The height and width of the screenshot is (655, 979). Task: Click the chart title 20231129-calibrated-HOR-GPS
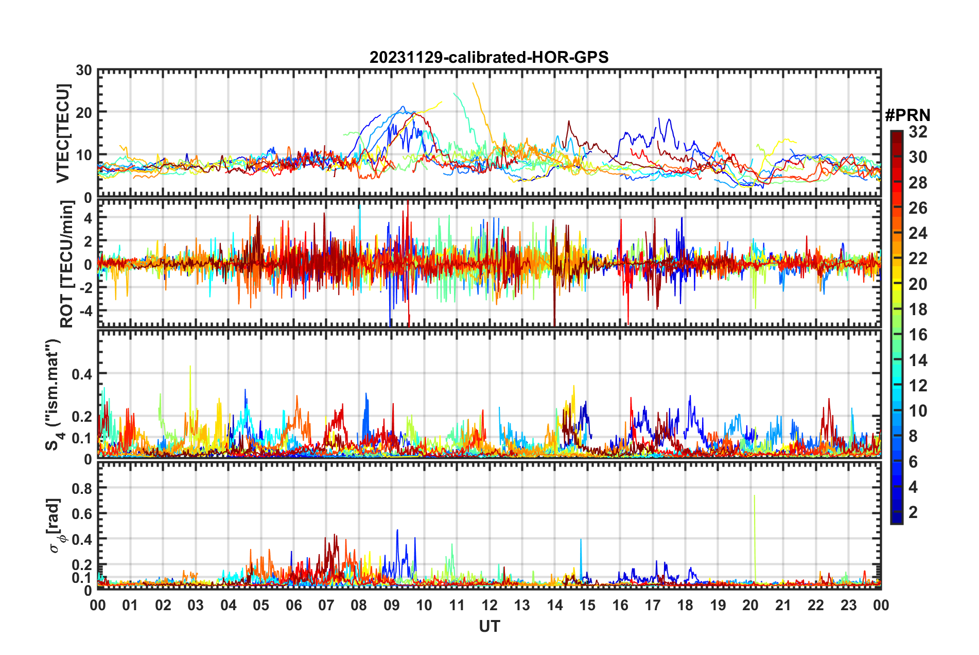[x=489, y=57]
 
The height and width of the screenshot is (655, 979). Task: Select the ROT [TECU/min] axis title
[x=67, y=264]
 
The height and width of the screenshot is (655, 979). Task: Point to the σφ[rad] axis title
[x=55, y=525]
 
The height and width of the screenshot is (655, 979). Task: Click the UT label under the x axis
[x=489, y=626]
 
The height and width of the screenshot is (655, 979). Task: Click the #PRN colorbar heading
[x=907, y=115]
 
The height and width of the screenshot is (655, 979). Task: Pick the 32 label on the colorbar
[x=918, y=132]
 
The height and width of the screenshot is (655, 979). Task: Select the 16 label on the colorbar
[x=918, y=335]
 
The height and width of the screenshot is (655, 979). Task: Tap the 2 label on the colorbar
[x=913, y=512]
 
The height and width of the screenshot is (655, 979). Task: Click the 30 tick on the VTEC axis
[x=84, y=71]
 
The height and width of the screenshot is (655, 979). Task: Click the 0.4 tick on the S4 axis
[x=82, y=374]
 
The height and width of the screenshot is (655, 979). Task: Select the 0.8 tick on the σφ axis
[x=82, y=488]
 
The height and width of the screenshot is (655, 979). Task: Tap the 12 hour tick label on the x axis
[x=489, y=606]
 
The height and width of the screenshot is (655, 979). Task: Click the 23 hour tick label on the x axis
[x=848, y=606]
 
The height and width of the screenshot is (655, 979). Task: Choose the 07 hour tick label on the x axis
[x=326, y=606]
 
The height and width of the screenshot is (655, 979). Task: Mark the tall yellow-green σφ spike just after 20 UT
[x=754, y=496]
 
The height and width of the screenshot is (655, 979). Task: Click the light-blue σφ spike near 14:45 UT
[x=581, y=540]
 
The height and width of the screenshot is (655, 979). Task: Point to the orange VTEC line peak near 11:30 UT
[x=473, y=83]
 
